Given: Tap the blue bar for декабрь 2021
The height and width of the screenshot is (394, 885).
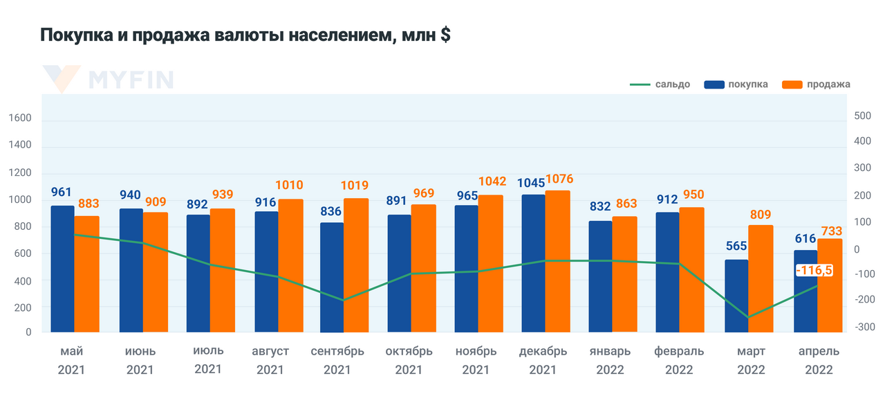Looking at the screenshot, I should (533, 263).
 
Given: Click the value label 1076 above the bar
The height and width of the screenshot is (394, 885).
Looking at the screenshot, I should (559, 179).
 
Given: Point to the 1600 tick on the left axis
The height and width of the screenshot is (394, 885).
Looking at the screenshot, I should (20, 118).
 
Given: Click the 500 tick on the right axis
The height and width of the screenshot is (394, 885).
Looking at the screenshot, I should (862, 116).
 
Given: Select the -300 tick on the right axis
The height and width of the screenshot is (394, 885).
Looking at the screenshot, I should (861, 326).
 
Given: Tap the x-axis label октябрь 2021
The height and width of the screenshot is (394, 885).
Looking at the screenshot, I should (409, 360).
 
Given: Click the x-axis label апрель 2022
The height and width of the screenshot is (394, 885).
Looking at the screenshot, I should (819, 360).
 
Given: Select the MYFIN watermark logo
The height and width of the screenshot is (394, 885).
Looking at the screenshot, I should (107, 79).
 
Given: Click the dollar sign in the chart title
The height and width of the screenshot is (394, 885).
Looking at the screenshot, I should (445, 35).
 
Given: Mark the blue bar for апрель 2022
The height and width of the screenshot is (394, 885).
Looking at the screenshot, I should (805, 291).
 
